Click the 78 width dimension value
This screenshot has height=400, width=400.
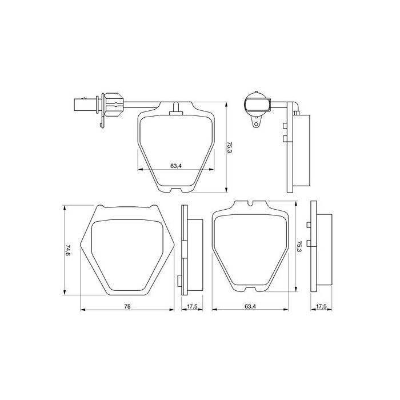click(x=127, y=306)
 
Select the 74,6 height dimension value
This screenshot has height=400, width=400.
click(x=67, y=250)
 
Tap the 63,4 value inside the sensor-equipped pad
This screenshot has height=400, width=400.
click(x=176, y=166)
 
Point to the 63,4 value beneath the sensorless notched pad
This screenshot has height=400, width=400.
click(x=249, y=306)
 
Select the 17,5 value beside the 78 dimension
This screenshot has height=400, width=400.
click(x=192, y=306)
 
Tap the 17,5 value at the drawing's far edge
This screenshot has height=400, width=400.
click(x=322, y=306)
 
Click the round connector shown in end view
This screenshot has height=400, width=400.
click(x=255, y=105)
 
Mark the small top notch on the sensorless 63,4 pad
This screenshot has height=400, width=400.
click(x=251, y=202)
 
